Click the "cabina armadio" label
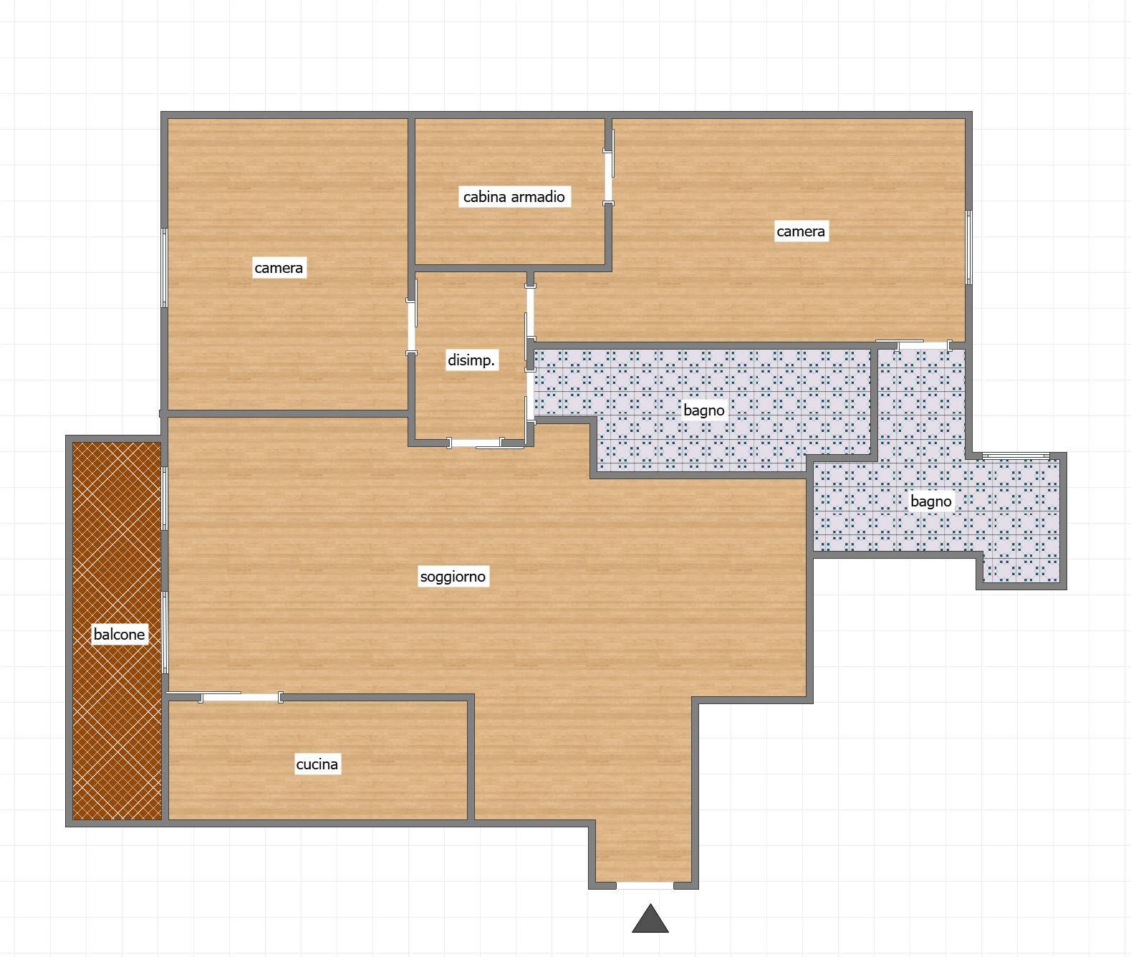coord(514,196)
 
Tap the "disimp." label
coord(471,360)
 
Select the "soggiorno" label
coord(453,576)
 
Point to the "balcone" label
coord(120,634)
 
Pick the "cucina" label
coord(317,764)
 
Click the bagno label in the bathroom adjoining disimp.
coord(704,410)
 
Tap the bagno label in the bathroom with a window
coord(930,501)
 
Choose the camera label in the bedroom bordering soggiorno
coord(279,268)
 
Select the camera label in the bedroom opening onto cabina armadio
coord(801,231)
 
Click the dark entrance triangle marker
coord(650,919)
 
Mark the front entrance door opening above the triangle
coord(645,885)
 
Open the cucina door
coord(241,697)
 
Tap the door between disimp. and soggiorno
coord(475,443)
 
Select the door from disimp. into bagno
coord(529,395)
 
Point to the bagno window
coord(1016,456)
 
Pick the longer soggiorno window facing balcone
coord(165,632)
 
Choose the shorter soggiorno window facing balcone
coord(165,499)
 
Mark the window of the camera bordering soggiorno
coord(164,268)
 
